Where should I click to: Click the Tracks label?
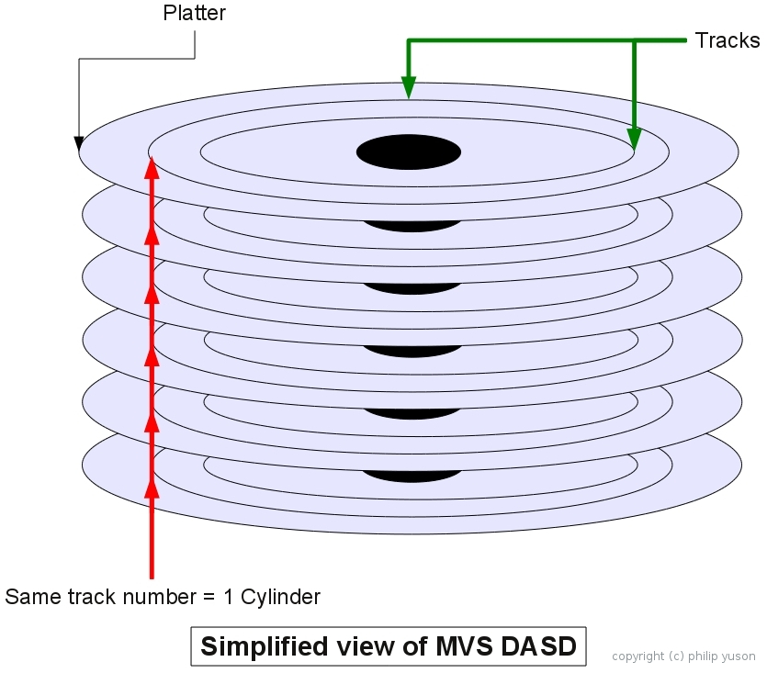(x=727, y=40)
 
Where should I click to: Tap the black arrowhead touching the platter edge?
(x=79, y=143)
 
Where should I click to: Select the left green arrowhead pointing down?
(x=409, y=88)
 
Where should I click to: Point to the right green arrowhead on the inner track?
(x=634, y=137)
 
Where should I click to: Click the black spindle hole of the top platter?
(x=408, y=152)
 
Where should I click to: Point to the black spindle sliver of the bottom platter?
(x=411, y=476)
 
